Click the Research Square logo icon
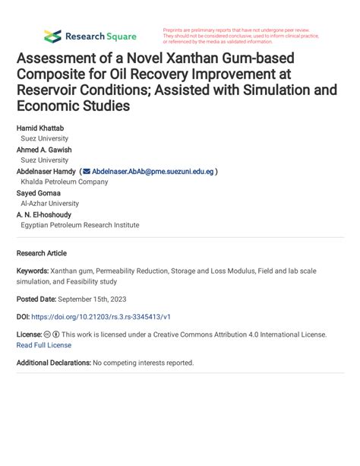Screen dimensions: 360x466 coord(52,36)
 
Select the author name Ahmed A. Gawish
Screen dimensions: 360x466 coord(44,150)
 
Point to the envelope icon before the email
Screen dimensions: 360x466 coord(86,172)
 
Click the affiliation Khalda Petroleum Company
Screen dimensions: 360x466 coord(65,182)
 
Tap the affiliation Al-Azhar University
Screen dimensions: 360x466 coord(49,204)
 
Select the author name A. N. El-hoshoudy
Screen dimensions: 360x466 coord(46,214)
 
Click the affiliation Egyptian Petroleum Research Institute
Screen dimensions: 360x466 coord(80,225)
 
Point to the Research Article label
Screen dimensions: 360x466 coord(42,253)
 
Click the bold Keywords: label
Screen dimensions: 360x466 coord(33,271)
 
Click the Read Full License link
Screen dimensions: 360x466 coord(44,345)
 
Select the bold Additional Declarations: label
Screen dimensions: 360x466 coord(53,363)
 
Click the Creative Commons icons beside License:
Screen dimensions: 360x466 coord(52,334)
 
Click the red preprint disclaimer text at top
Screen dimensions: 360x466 coord(241,36)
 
